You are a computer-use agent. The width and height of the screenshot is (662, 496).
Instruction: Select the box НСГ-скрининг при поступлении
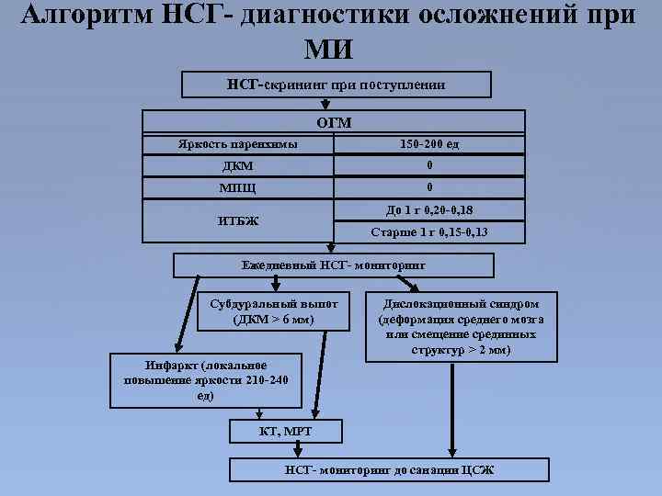point(337,85)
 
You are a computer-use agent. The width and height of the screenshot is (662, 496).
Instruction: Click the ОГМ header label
point(334,122)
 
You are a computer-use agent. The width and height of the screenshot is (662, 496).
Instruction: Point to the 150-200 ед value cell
point(429,145)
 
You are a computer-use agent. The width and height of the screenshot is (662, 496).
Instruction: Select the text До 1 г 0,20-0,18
point(429,209)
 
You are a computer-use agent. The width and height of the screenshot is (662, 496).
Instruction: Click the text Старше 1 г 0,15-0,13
point(429,232)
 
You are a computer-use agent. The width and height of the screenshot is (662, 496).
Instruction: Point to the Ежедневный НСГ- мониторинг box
point(334,265)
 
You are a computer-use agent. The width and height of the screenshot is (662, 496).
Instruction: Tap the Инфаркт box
point(192,377)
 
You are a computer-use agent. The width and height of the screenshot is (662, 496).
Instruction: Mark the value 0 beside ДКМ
point(429,166)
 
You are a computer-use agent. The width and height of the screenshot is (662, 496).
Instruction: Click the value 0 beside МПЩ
point(429,188)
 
